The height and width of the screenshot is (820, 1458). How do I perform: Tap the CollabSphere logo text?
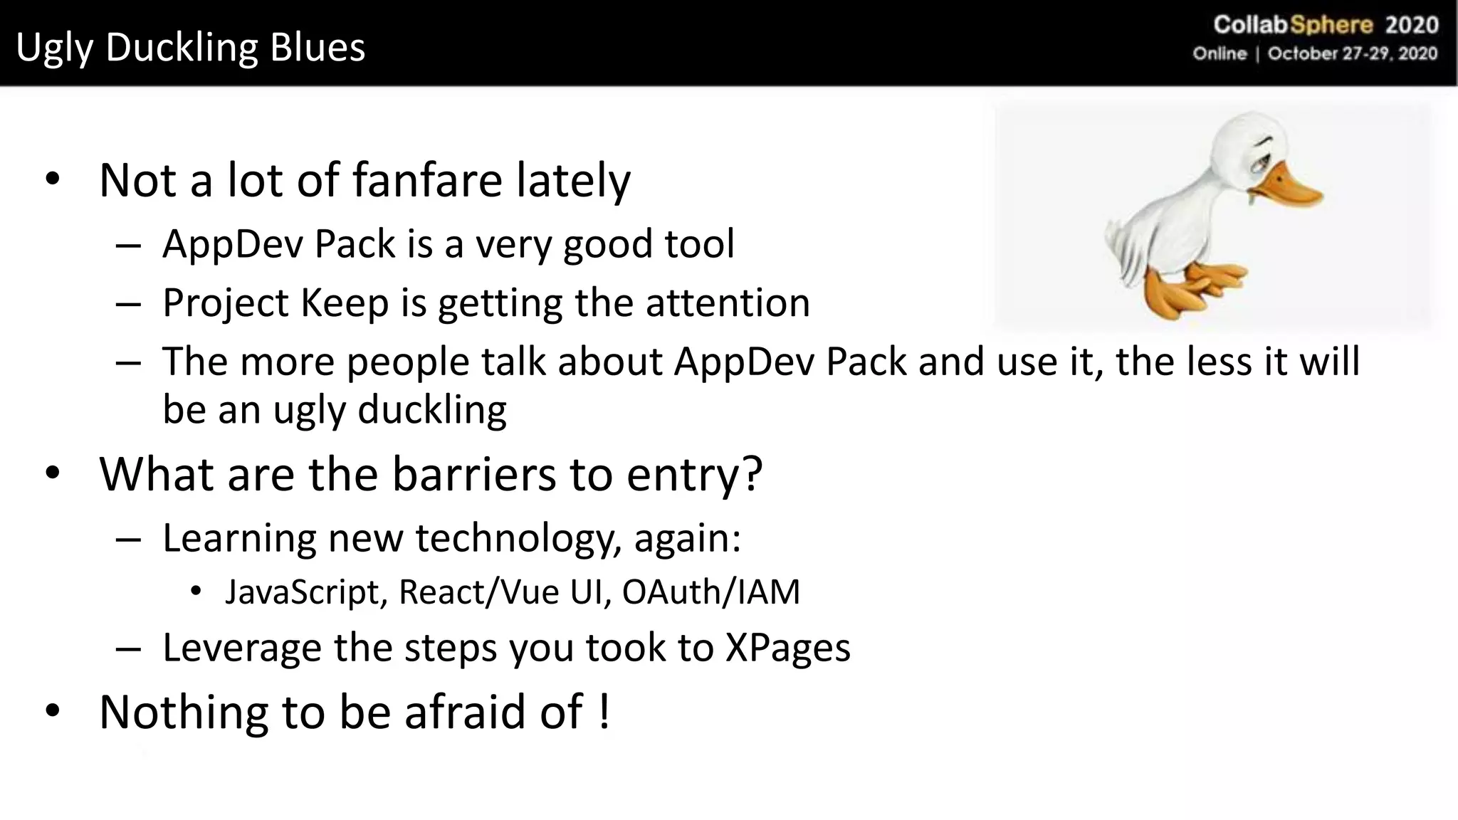[x=1292, y=26]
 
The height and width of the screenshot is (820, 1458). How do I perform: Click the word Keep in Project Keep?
[x=345, y=303]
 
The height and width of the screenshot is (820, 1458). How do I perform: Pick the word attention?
[x=728, y=303]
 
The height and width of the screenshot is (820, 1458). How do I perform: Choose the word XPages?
[x=787, y=648]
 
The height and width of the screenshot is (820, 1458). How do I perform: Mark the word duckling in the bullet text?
[x=431, y=410]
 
